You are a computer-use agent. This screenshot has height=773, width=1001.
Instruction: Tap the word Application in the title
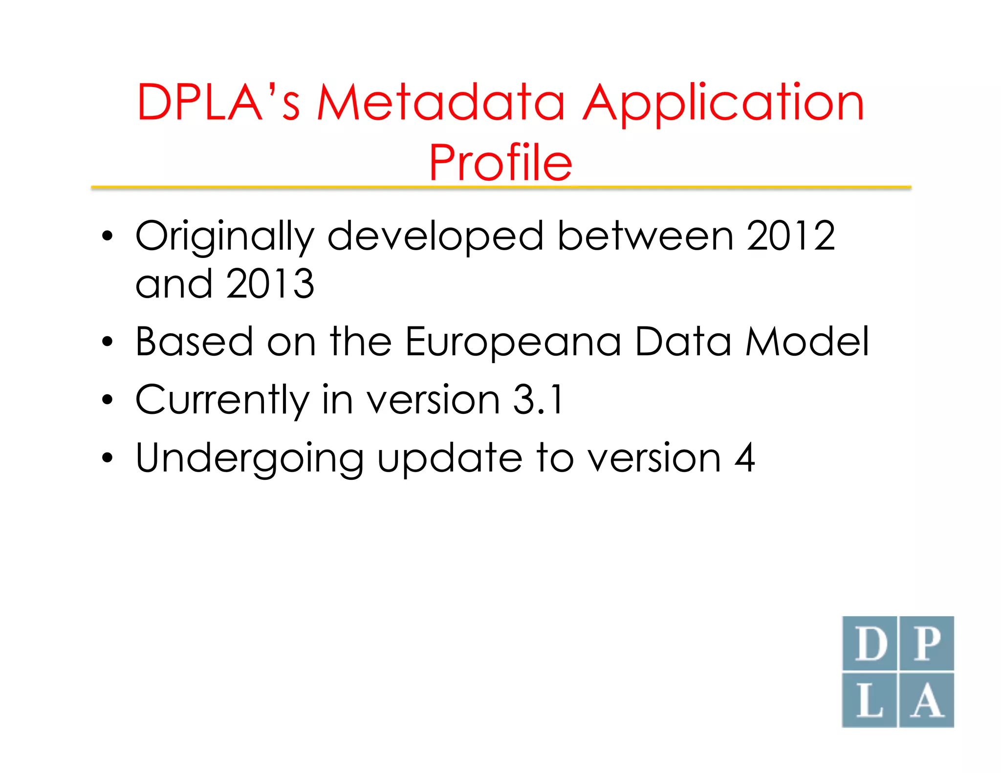point(723,104)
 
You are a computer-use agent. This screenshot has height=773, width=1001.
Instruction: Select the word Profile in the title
point(500,162)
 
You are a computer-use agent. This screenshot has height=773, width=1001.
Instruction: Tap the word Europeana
point(513,342)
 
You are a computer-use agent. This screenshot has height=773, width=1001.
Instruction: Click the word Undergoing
point(249,459)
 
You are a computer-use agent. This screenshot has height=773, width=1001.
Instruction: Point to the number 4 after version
point(744,458)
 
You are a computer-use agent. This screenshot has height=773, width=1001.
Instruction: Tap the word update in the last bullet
point(450,459)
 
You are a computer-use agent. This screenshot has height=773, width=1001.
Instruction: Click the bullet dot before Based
point(108,342)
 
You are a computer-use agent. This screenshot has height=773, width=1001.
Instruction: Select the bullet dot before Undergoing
point(108,458)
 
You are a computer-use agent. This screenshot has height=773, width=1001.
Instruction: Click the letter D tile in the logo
point(870,644)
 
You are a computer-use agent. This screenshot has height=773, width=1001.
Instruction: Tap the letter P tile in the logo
point(927,644)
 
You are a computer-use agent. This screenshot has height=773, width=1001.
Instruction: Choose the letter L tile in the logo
point(870,700)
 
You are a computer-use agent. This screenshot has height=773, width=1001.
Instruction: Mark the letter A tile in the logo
point(927,700)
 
